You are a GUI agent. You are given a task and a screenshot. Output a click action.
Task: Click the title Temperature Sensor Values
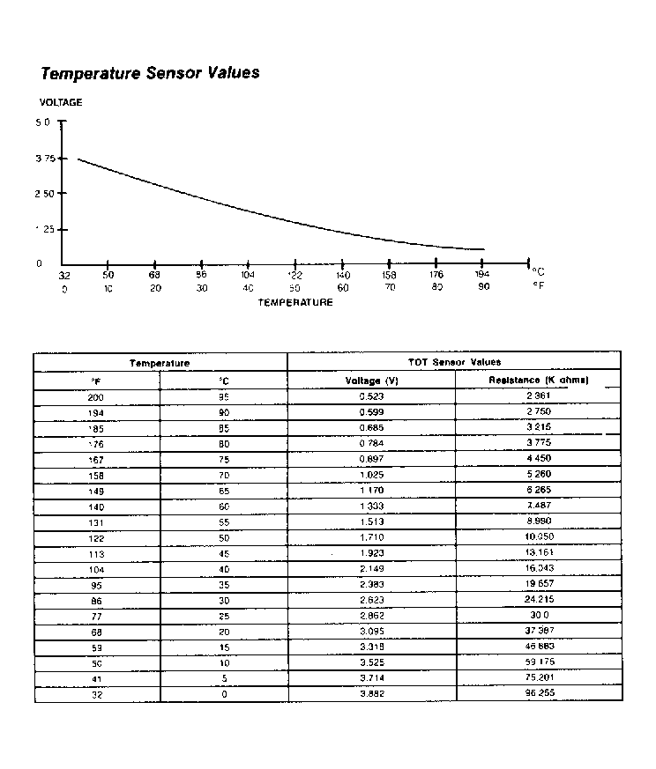pyautogui.click(x=150, y=73)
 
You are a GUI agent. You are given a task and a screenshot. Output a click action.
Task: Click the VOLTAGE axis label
pyautogui.click(x=61, y=102)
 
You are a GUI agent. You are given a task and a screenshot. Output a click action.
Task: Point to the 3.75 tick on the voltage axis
pyautogui.click(x=44, y=159)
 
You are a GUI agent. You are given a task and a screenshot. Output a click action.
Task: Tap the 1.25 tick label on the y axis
pyautogui.click(x=44, y=229)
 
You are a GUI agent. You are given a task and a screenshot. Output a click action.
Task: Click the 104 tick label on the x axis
pyautogui.click(x=249, y=275)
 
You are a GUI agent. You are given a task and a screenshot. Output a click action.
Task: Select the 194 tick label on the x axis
pyautogui.click(x=482, y=275)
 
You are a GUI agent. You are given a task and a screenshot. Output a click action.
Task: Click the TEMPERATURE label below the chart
pyautogui.click(x=295, y=302)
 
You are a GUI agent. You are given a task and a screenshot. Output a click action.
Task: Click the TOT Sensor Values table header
pyautogui.click(x=454, y=362)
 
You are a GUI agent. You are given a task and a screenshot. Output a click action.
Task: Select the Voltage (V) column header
pyautogui.click(x=370, y=381)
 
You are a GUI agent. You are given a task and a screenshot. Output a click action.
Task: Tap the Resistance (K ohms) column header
pyautogui.click(x=539, y=381)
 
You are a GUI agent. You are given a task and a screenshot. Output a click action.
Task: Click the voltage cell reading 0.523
pyautogui.click(x=370, y=397)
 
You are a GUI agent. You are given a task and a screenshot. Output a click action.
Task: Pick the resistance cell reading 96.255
pyautogui.click(x=539, y=694)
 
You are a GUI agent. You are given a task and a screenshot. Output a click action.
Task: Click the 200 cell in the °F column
pyautogui.click(x=96, y=397)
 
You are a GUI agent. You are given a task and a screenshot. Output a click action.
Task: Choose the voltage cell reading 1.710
pyautogui.click(x=370, y=537)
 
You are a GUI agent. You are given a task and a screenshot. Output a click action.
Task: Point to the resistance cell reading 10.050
pyautogui.click(x=539, y=537)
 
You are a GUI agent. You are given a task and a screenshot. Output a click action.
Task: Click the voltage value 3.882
pyautogui.click(x=370, y=694)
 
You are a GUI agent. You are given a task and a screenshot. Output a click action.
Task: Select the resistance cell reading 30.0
pyautogui.click(x=539, y=616)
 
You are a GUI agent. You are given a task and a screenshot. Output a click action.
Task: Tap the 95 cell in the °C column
pyautogui.click(x=224, y=397)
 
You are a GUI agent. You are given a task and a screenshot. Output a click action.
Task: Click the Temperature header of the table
pyautogui.click(x=160, y=362)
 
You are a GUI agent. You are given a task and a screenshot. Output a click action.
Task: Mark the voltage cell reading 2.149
pyautogui.click(x=370, y=569)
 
